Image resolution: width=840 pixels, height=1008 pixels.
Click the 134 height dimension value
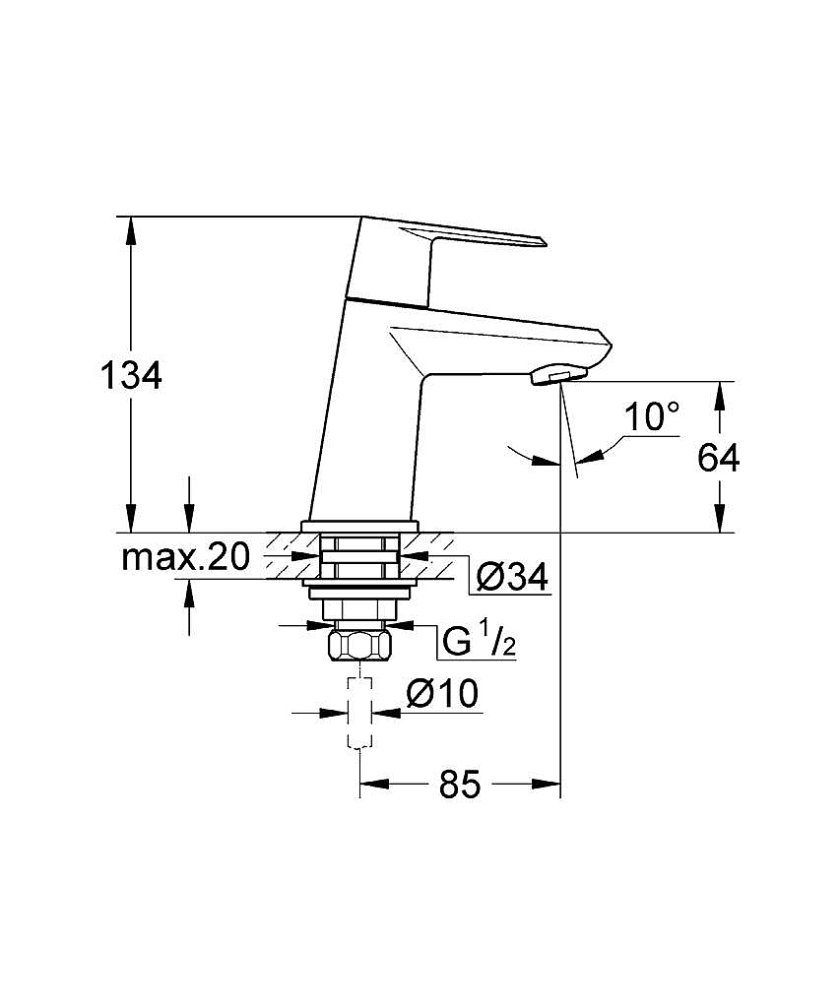(131, 375)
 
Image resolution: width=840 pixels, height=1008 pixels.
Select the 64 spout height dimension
(719, 458)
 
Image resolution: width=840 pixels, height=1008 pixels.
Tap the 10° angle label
(652, 416)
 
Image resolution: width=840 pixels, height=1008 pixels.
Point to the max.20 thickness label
(184, 557)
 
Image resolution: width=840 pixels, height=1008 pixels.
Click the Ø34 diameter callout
(513, 576)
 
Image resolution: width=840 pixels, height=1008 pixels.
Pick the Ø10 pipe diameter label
(442, 694)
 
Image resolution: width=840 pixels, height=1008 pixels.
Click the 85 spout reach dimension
(460, 784)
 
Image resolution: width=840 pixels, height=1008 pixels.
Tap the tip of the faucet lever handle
(544, 242)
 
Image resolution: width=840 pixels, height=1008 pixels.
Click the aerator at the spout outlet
(557, 375)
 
